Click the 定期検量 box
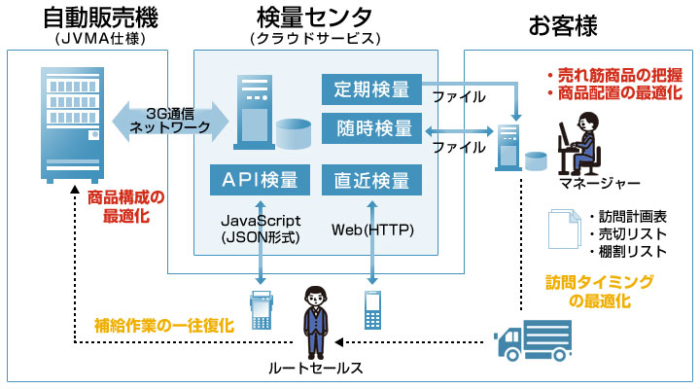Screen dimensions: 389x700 click(x=372, y=89)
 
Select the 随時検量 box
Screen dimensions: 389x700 click(x=372, y=128)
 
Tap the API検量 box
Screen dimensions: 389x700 click(x=261, y=180)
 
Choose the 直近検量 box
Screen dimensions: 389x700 click(x=372, y=180)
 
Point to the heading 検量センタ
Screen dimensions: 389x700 click(x=313, y=18)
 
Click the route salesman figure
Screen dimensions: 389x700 click(x=314, y=321)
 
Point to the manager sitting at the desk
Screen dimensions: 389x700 click(x=581, y=142)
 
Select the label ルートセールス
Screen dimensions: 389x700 click(x=314, y=368)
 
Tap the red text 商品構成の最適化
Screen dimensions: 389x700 click(x=125, y=207)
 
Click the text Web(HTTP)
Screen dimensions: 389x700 click(x=373, y=230)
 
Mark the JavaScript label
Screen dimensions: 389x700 click(x=261, y=222)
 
